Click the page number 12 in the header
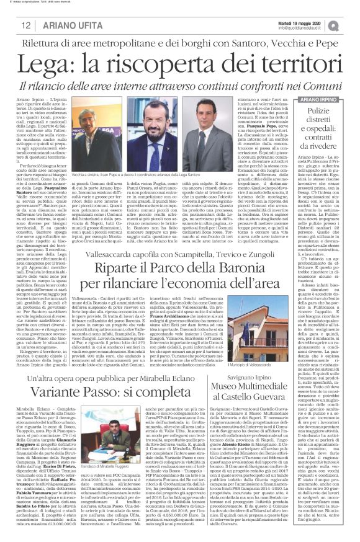coord(25,24)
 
